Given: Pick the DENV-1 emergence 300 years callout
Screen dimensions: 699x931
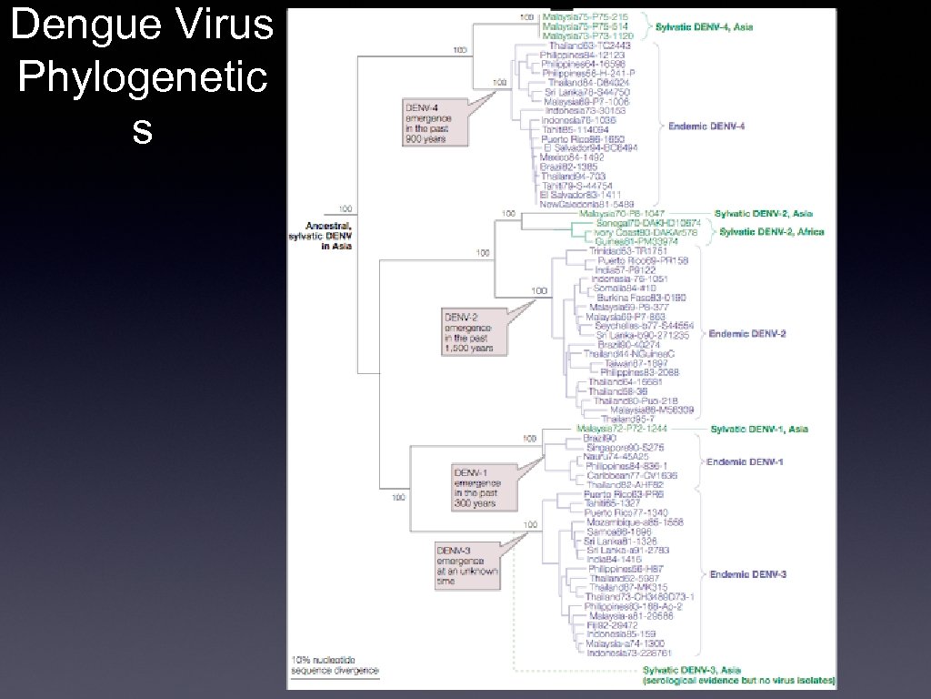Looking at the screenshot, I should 476,486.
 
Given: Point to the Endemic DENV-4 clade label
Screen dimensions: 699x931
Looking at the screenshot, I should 708,126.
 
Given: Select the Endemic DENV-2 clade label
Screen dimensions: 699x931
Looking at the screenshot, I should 747,334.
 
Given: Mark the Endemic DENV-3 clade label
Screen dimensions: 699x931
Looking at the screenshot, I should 747,574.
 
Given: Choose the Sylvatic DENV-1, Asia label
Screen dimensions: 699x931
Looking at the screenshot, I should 758,429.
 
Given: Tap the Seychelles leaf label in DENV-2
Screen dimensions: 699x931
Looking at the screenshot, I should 644,326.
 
